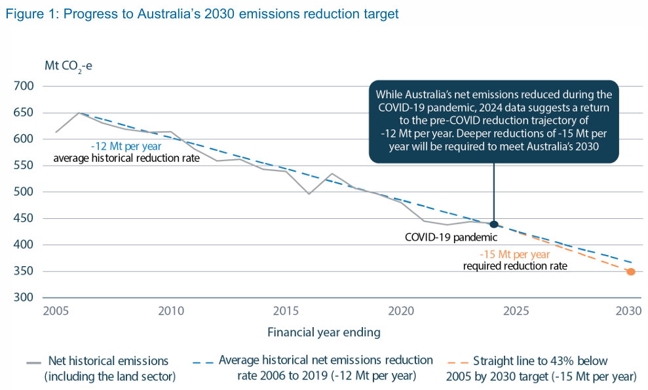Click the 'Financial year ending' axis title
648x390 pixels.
[x=324, y=332]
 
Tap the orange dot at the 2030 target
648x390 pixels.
[x=630, y=271]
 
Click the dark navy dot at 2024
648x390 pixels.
[x=494, y=225]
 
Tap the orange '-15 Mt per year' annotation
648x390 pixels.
[x=515, y=254]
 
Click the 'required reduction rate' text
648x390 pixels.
[x=515, y=266]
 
